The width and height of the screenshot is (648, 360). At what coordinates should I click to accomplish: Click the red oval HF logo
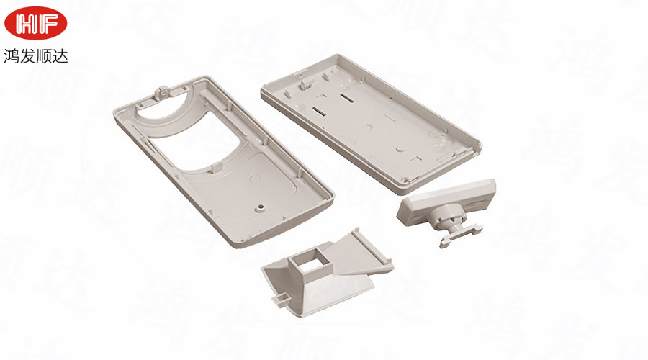pos(35,24)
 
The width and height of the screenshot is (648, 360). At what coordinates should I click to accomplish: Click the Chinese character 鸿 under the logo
pos(12,55)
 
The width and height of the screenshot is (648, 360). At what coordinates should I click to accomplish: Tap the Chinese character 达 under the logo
pos(60,55)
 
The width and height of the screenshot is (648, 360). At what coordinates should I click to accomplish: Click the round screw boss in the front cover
pos(260,207)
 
